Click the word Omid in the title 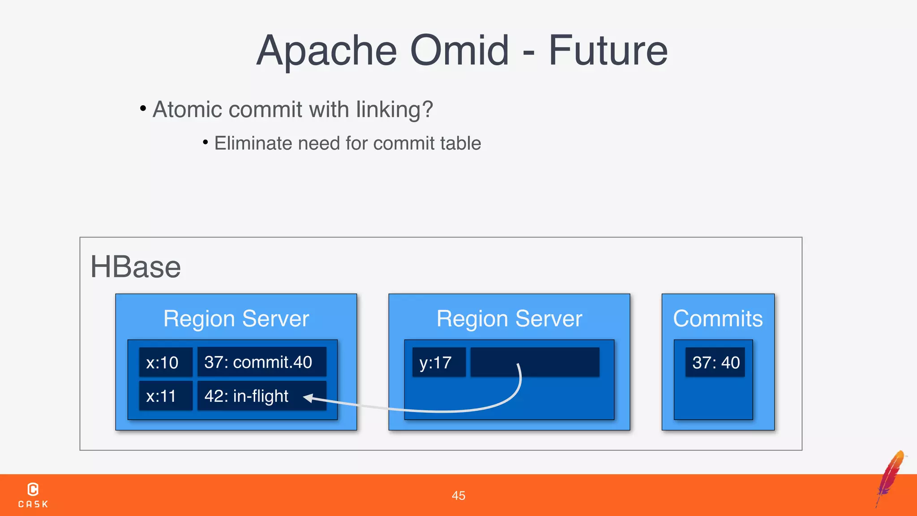[459, 50]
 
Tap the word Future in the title [608, 50]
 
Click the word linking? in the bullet [394, 109]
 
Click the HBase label [135, 267]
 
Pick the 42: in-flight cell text [246, 396]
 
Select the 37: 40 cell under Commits [715, 362]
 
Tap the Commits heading [718, 319]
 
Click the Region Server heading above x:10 [236, 319]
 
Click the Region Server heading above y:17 [509, 319]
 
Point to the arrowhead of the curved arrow [308, 397]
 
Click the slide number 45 [458, 495]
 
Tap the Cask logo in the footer [33, 494]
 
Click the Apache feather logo [891, 477]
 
